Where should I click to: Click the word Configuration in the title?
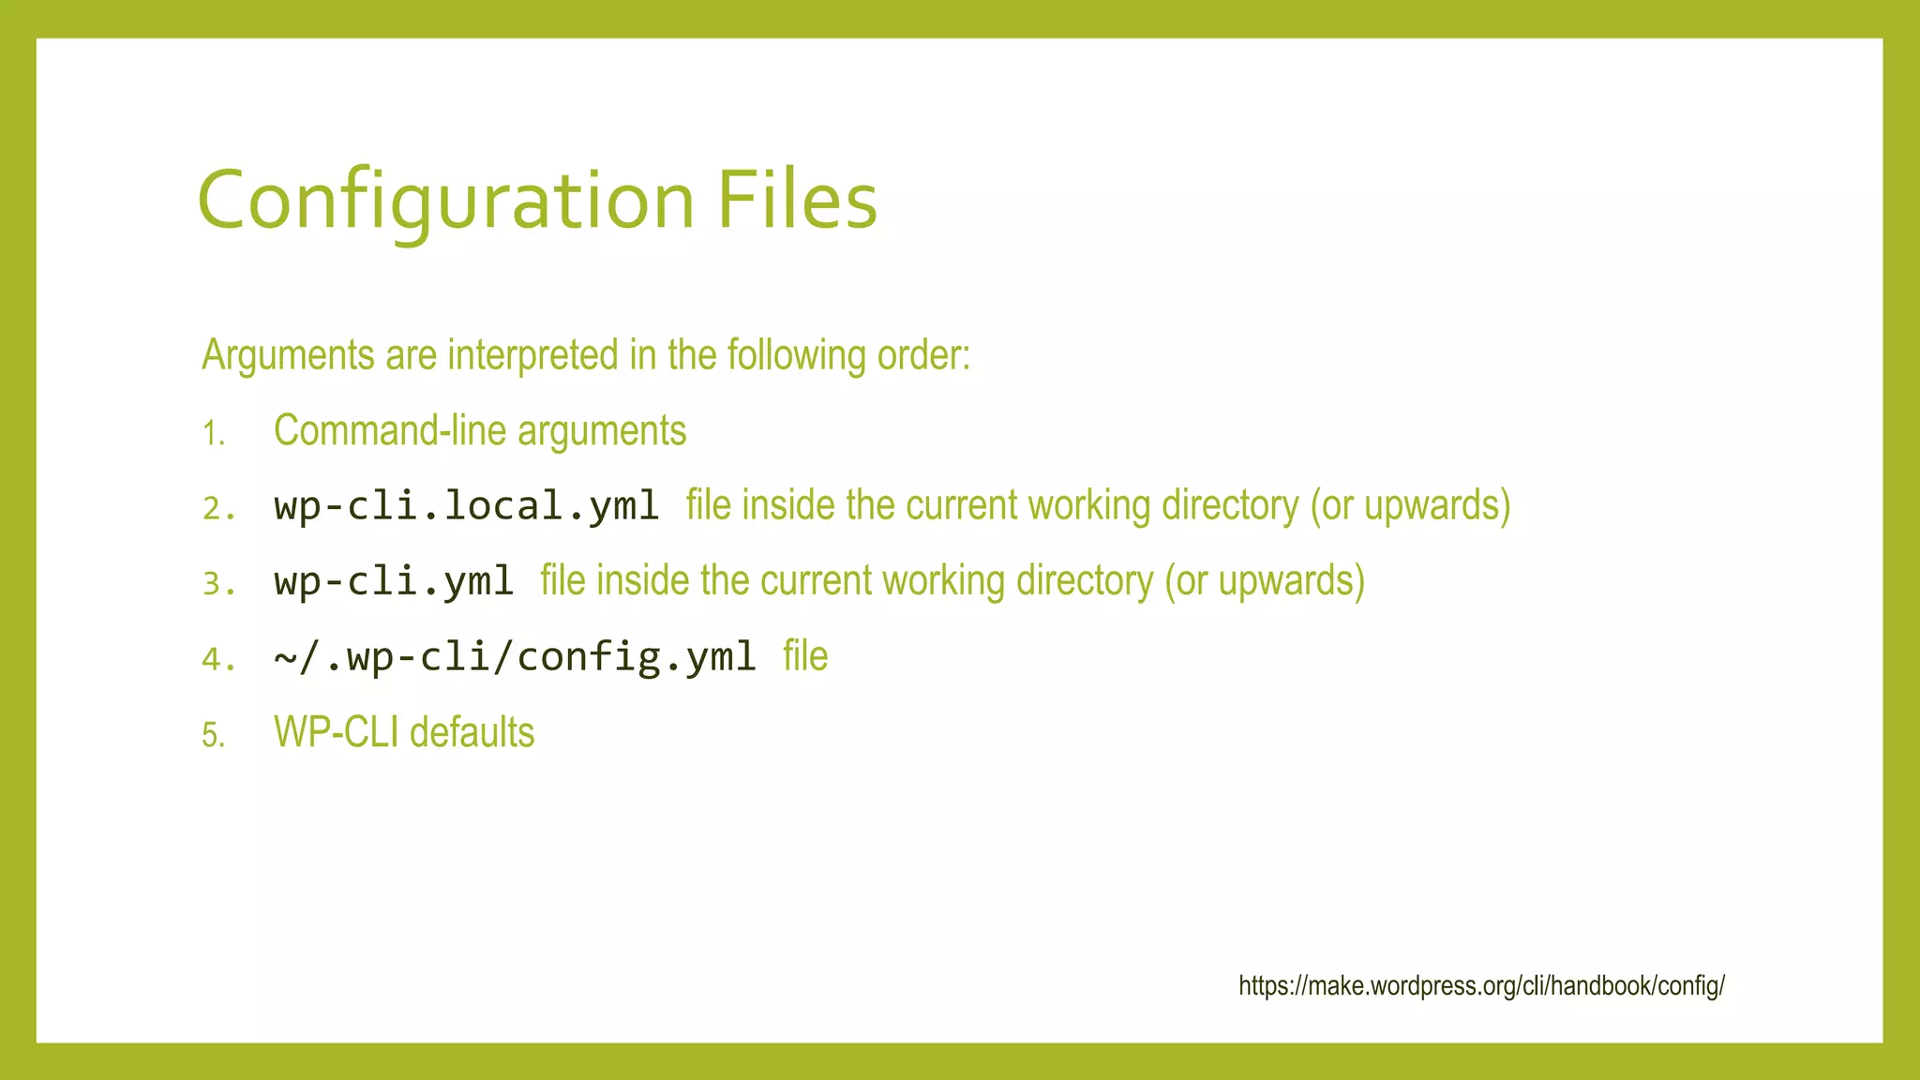click(x=445, y=201)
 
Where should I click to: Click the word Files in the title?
click(x=797, y=201)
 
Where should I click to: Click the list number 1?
click(x=214, y=434)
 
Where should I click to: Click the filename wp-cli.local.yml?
click(x=467, y=506)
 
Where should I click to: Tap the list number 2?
click(x=218, y=509)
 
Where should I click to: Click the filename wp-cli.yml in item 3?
click(x=394, y=582)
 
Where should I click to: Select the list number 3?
click(x=218, y=585)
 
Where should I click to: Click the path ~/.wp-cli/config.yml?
click(x=515, y=657)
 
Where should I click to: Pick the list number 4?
click(x=218, y=660)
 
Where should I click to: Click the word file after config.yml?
click(x=805, y=656)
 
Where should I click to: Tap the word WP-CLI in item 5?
click(x=336, y=732)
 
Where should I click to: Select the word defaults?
click(x=472, y=732)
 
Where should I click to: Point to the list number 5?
click(x=214, y=736)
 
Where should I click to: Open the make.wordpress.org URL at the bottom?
click(x=1481, y=986)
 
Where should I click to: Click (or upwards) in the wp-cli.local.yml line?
click(x=1410, y=506)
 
